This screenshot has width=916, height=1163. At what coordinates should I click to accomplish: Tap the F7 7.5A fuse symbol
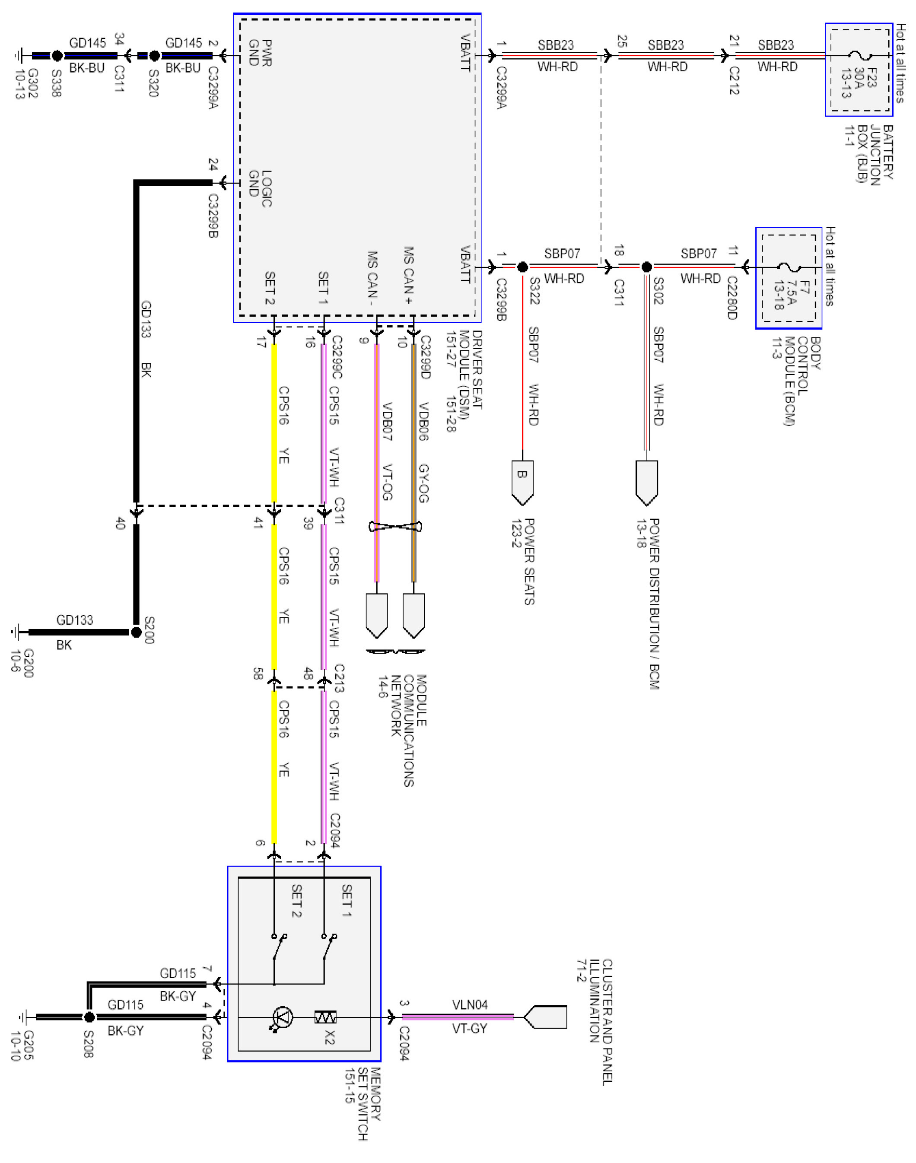789,267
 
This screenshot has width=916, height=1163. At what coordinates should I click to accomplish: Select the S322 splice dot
522,267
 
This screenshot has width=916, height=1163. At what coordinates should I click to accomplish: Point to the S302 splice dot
647,267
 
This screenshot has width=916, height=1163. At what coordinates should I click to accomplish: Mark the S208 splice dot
89,1017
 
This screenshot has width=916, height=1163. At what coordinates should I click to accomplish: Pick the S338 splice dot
57,55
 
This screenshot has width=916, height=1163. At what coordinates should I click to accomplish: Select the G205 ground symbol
23,1017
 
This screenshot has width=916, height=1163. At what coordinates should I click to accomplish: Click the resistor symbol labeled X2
325,1017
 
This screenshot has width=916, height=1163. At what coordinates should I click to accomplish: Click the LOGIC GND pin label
261,188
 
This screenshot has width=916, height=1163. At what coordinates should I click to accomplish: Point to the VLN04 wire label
470,1005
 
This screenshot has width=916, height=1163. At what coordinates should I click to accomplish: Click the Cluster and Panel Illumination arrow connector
545,1017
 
